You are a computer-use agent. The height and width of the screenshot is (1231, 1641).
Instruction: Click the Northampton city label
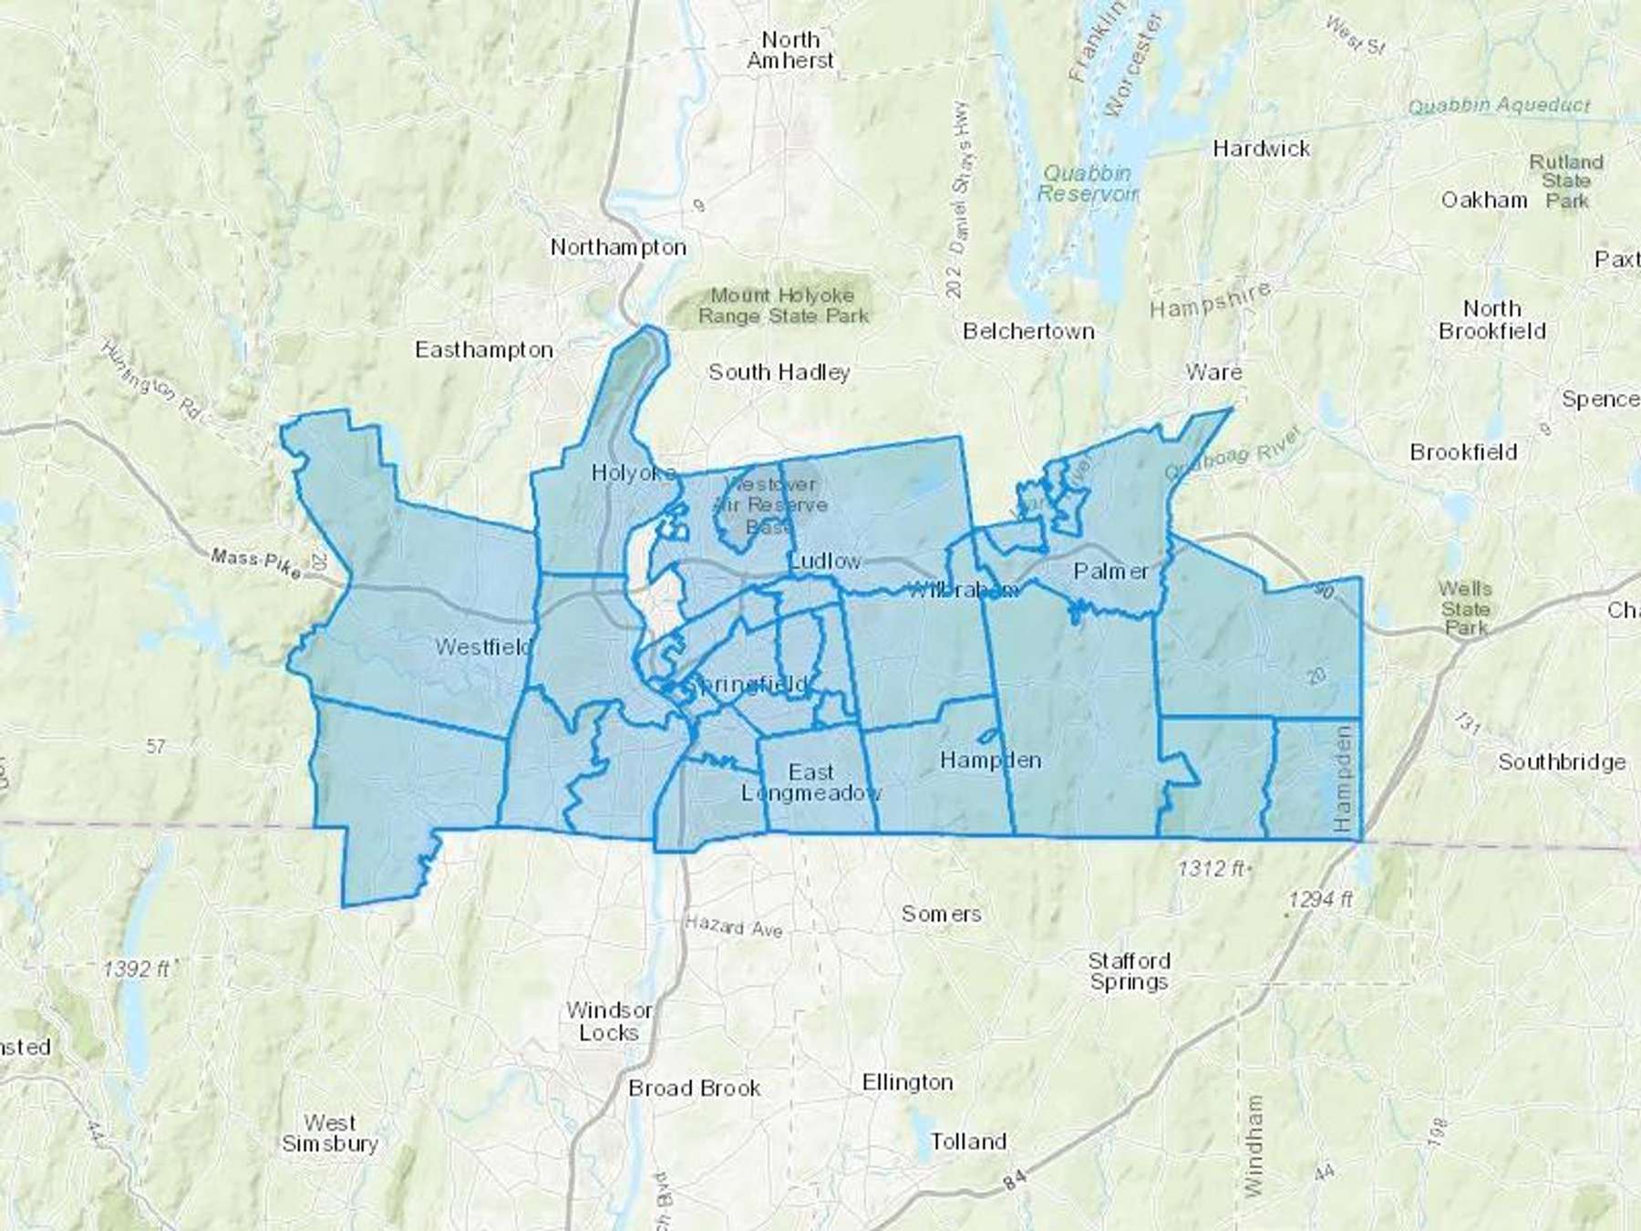(x=618, y=247)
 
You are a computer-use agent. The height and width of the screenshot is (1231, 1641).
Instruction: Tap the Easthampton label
(x=484, y=350)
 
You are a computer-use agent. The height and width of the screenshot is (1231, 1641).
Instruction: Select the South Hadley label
(x=779, y=372)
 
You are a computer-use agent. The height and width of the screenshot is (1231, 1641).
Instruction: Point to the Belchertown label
(x=1028, y=331)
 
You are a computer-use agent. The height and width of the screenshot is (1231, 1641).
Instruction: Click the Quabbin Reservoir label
(x=1087, y=183)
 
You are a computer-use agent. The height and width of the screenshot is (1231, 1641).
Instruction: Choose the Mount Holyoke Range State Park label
(x=783, y=305)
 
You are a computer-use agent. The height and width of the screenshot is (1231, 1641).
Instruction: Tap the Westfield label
(x=483, y=647)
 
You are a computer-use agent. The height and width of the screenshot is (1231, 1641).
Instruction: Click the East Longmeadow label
(x=810, y=782)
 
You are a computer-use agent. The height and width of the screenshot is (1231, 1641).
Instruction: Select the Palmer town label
(x=1110, y=572)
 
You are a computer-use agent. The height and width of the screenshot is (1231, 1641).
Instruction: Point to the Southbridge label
(x=1562, y=762)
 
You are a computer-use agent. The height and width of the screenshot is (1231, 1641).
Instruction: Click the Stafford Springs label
(x=1129, y=971)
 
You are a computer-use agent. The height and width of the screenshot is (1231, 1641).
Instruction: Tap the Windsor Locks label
(x=609, y=1021)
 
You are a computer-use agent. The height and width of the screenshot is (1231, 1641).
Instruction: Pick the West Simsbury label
(x=329, y=1133)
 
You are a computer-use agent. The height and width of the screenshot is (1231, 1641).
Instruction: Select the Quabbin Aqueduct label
(x=1499, y=106)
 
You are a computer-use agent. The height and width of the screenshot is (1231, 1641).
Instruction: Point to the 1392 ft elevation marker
(x=138, y=968)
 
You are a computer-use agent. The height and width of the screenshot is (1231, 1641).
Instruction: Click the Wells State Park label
(x=1465, y=608)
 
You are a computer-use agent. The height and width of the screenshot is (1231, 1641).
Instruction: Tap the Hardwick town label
(x=1261, y=149)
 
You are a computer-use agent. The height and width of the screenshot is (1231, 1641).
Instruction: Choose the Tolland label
(x=968, y=1142)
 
